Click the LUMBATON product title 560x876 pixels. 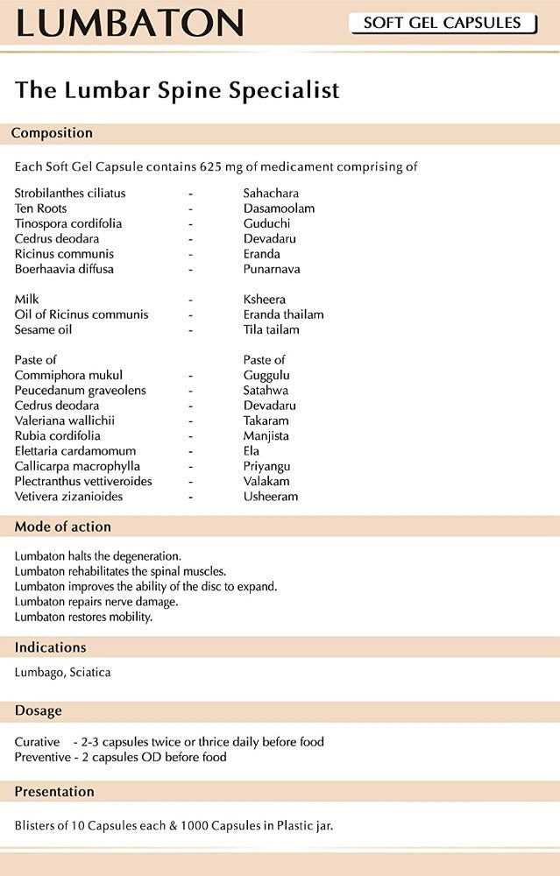tap(130, 24)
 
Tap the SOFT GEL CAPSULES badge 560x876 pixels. tap(443, 23)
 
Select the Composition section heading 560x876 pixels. tap(52, 133)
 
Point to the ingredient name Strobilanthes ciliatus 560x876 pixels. tap(70, 193)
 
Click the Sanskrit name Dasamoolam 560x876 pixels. tap(279, 208)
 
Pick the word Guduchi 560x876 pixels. tap(267, 223)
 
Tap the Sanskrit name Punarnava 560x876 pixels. tap(274, 269)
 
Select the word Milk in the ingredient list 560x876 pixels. tap(27, 300)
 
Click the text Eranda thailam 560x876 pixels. tap(283, 314)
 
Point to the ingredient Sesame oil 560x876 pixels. tap(43, 329)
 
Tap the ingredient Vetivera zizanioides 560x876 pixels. tap(68, 496)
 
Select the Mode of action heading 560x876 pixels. tap(61, 526)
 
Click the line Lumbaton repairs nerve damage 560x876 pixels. tap(96, 602)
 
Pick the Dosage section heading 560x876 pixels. tap(37, 710)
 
